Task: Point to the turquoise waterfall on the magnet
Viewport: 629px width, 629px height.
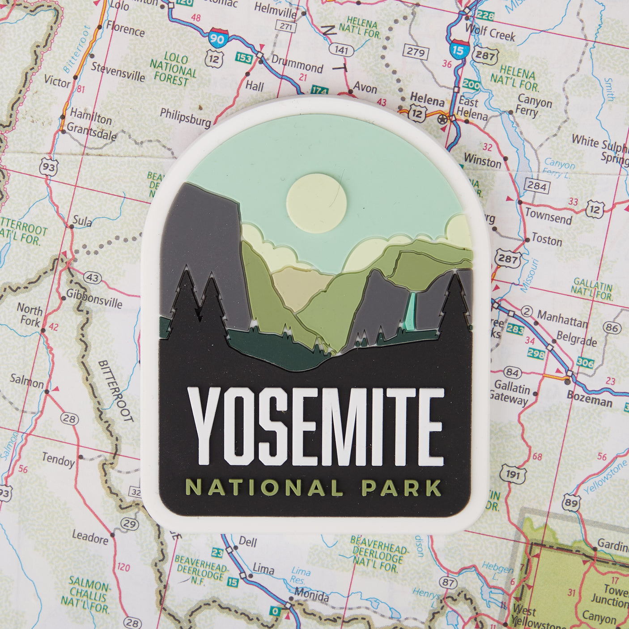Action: [411, 309]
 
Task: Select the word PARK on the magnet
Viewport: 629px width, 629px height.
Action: [401, 488]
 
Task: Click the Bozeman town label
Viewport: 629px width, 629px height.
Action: [589, 398]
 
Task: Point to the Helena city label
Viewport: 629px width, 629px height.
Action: [427, 99]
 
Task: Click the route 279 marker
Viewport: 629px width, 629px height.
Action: [415, 51]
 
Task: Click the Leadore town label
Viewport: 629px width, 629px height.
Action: [90, 537]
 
